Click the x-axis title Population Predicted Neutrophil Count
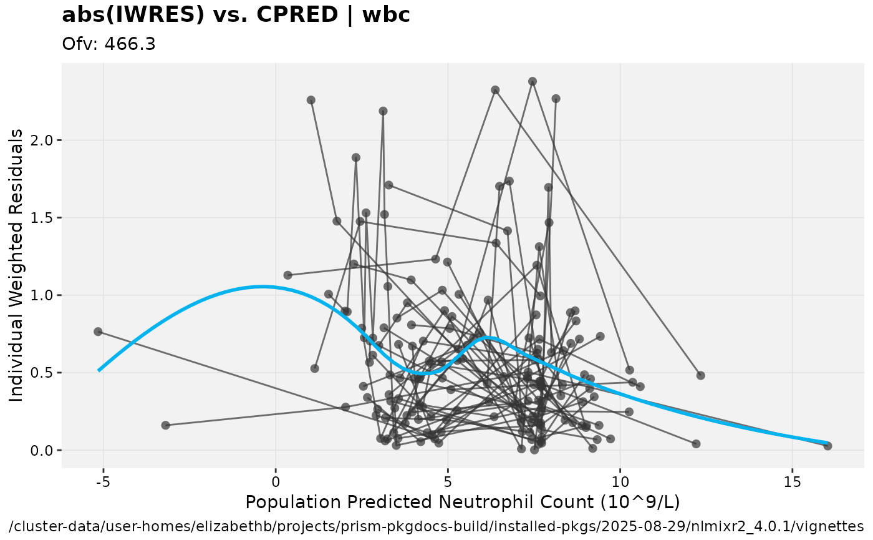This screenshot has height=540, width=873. pos(462,502)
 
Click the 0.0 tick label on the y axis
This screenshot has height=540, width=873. pos(44,451)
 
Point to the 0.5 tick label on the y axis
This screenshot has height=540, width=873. pos(44,373)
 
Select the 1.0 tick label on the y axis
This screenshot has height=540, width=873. pos(44,295)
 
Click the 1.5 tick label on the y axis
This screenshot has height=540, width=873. pos(44,218)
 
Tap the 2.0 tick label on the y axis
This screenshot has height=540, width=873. pos(44,140)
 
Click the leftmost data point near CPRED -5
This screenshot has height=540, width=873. pos(98,331)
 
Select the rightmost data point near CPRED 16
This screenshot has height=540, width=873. pos(827,446)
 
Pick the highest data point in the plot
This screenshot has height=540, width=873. pos(533,81)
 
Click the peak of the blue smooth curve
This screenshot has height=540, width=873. pos(262,287)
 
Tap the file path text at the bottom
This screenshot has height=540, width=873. pos(436,525)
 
